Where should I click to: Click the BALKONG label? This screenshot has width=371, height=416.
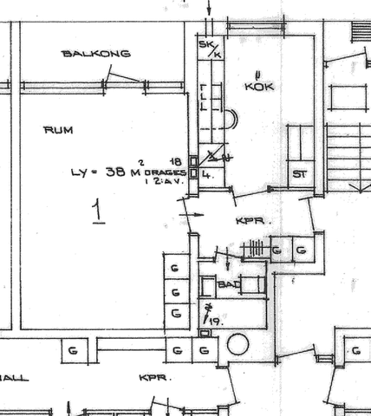(x=95, y=54)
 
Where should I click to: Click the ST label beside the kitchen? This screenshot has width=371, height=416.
(x=300, y=173)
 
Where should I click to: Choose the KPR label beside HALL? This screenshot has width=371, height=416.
(x=153, y=379)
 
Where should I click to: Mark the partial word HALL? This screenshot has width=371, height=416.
(x=14, y=379)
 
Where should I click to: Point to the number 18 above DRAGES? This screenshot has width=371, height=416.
(x=176, y=161)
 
